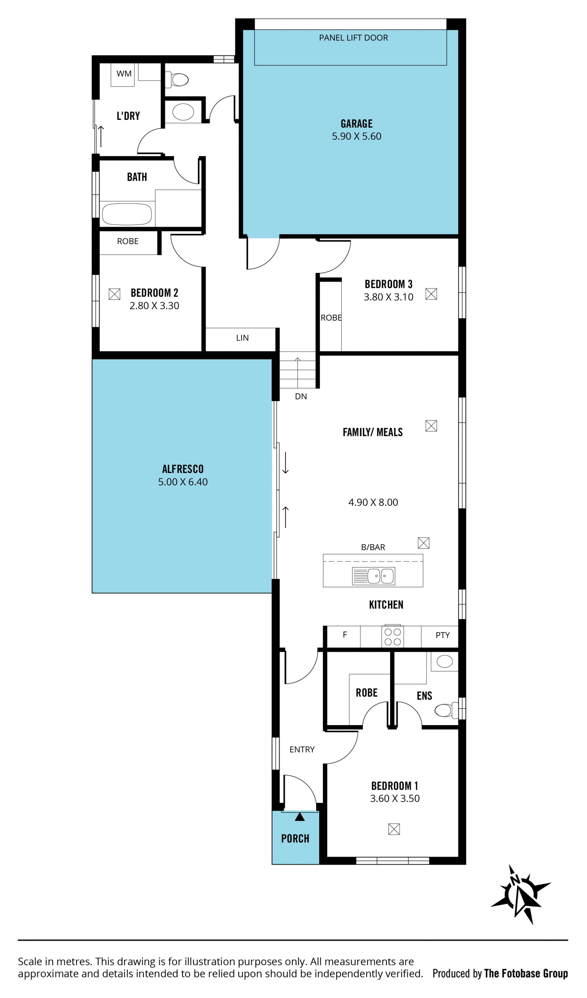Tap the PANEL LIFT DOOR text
(353, 38)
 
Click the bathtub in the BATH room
(127, 214)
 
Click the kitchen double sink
(373, 576)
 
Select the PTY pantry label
(442, 635)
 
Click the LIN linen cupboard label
(242, 338)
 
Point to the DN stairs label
(301, 397)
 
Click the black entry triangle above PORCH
(300, 817)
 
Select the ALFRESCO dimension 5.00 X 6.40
(183, 482)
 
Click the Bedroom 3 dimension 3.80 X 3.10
(388, 297)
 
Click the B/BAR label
(373, 547)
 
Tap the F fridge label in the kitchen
(345, 635)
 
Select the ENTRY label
(302, 749)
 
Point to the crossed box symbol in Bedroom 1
(394, 829)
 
